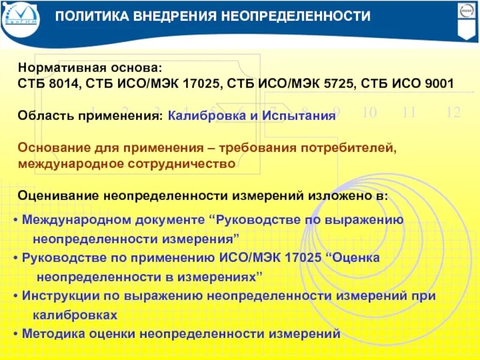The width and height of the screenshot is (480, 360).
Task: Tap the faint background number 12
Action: tap(453, 112)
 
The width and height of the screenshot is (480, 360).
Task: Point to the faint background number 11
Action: tap(409, 112)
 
